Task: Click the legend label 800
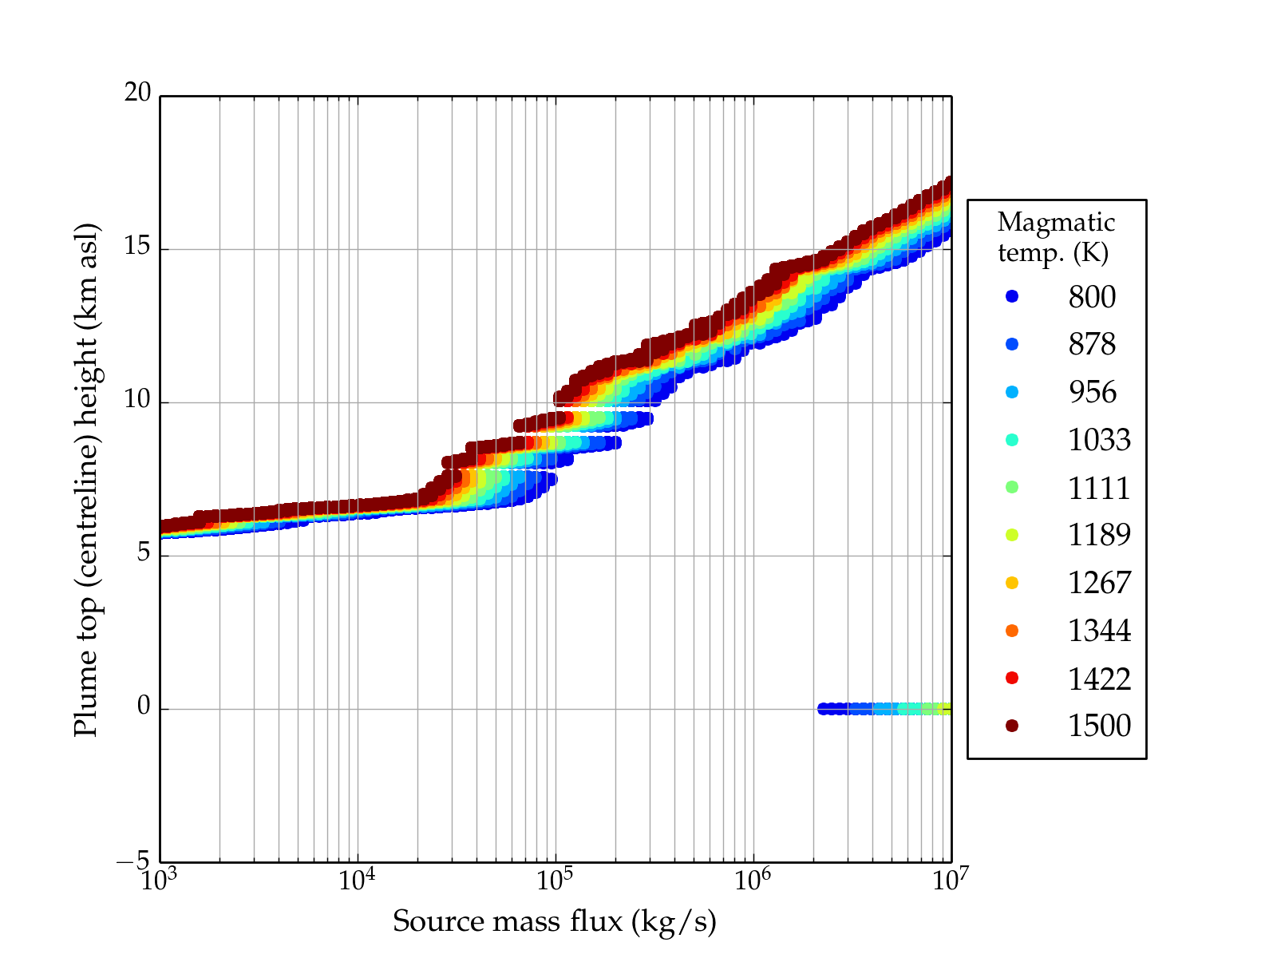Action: coord(1092,297)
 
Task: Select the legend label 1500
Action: coord(1099,726)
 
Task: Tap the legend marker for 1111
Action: coord(1012,487)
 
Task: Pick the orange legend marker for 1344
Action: coord(1012,631)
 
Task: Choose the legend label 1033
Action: coord(1099,440)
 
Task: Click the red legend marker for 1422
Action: coord(1012,678)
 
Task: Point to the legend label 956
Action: coord(1092,392)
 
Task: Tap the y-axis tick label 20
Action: coord(137,93)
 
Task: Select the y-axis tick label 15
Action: coord(137,247)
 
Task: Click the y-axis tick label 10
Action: coord(137,400)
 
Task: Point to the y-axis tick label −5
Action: coord(133,861)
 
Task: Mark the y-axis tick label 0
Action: coord(144,707)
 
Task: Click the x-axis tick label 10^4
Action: coord(357,880)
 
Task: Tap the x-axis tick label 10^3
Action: coord(160,880)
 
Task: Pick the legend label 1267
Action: coord(1099,583)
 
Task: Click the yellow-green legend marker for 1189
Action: coord(1012,535)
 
